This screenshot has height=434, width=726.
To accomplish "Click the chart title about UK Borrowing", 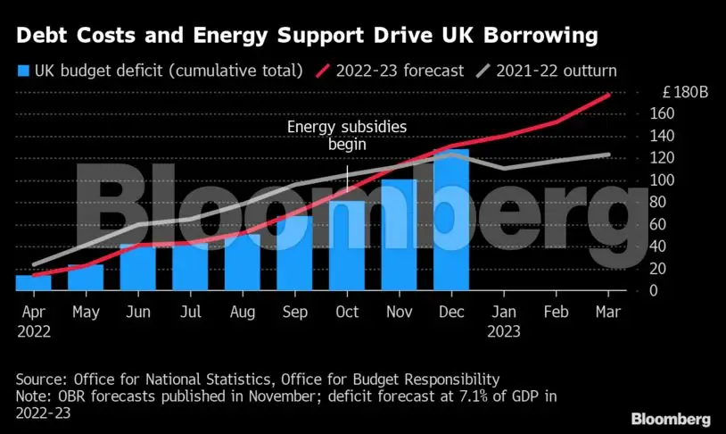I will point(304,37).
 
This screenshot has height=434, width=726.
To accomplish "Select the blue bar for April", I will point(32,282).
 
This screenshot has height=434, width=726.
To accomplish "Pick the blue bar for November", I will point(399,235).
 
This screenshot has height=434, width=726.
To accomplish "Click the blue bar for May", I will point(85,277).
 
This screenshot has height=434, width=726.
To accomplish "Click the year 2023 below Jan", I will point(504,330).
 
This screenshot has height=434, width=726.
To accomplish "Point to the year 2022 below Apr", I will point(33,330).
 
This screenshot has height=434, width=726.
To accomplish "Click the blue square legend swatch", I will point(22,70).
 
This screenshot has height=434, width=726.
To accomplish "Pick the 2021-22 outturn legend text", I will point(557,70).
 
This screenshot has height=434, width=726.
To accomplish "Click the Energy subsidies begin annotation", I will point(347,136).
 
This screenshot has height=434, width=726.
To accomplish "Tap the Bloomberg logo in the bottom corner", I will point(671,418).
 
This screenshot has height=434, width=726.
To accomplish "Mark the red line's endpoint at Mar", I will point(608,95).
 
